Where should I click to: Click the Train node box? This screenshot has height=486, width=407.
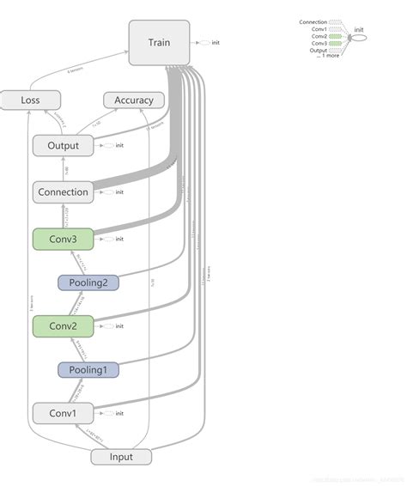(x=159, y=42)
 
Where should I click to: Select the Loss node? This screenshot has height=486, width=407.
(x=30, y=100)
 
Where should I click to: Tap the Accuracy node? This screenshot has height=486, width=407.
(x=134, y=100)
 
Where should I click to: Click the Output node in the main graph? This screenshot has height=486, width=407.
(x=63, y=145)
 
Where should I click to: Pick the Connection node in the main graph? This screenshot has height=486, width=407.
(x=63, y=191)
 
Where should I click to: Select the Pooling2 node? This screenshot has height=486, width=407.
(x=88, y=282)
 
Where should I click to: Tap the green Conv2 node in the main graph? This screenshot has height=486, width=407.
(x=63, y=325)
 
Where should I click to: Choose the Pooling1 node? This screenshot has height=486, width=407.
(x=88, y=369)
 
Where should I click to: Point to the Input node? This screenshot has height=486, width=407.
(x=121, y=456)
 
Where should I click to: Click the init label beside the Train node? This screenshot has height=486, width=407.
(x=216, y=42)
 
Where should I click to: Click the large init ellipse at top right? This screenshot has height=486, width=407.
(x=358, y=37)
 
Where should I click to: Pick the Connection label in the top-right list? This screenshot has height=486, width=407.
(x=313, y=21)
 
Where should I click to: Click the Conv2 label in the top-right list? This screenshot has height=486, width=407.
(x=319, y=36)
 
